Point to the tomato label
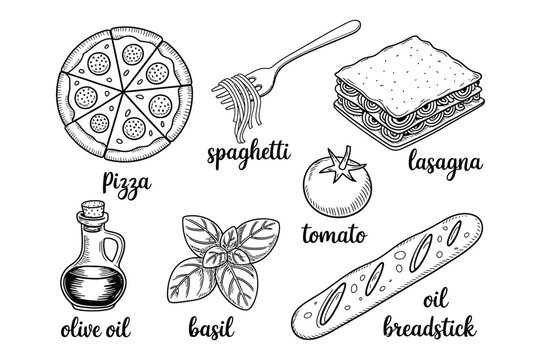333,237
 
